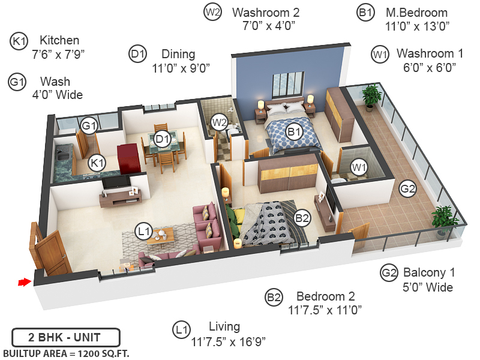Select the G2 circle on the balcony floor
(x=407, y=189)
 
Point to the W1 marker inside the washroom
(x=359, y=167)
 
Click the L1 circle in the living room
(x=143, y=231)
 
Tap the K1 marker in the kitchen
(x=97, y=162)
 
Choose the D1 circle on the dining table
(x=162, y=139)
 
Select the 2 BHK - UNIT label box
(x=66, y=336)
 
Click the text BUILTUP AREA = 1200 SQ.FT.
(x=66, y=352)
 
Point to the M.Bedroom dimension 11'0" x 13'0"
(x=417, y=26)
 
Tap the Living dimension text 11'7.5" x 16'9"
(x=229, y=341)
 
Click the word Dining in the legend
(x=178, y=54)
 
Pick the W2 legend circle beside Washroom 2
(x=212, y=12)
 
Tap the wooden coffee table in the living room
(x=161, y=235)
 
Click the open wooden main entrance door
(x=49, y=252)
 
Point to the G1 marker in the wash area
(x=89, y=126)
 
